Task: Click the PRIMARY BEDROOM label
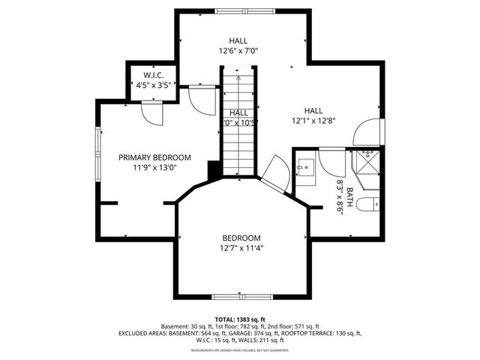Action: (155, 157)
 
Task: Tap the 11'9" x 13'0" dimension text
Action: (155, 168)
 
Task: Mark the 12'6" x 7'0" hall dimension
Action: (238, 52)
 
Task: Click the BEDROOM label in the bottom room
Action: (241, 238)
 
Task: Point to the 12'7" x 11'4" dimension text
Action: (241, 248)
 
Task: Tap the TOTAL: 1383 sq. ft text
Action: (240, 319)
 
